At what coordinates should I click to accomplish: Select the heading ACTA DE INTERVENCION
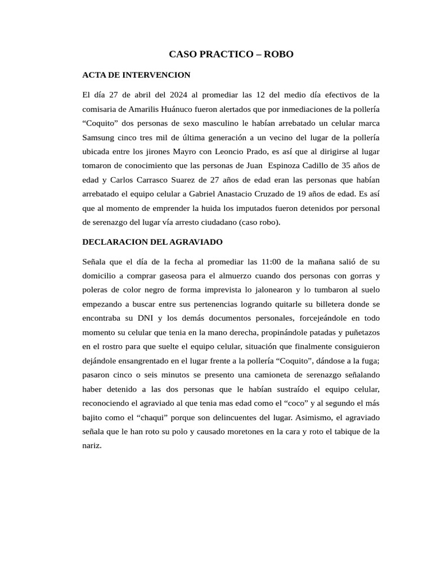point(136,74)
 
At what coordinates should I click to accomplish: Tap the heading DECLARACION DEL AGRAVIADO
point(152,241)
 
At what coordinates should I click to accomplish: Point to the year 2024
point(178,94)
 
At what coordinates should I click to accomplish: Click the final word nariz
point(91,445)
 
